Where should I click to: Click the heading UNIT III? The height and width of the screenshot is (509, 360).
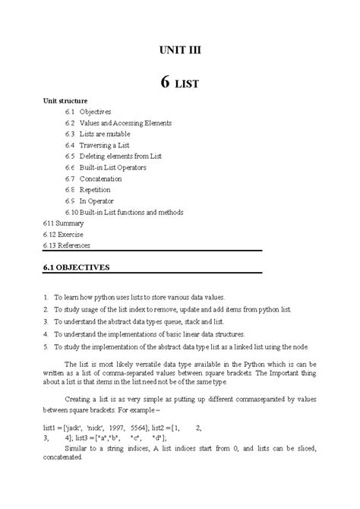179,51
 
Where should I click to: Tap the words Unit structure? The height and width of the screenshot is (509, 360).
65,100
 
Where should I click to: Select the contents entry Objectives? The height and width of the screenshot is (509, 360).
95,112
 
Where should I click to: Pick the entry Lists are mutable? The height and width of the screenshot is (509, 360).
108,134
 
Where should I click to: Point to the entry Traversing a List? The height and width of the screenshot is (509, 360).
108,145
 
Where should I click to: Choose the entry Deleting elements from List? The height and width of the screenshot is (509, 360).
122,156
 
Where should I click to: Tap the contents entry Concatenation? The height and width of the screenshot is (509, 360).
106,179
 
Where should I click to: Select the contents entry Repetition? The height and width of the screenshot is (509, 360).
99,190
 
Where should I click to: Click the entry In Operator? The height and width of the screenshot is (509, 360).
100,201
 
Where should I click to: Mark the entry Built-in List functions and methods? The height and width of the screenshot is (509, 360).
131,212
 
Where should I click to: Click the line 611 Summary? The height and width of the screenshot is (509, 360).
62,223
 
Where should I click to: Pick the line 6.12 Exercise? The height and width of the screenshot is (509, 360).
63,235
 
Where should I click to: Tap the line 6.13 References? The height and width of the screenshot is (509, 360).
67,246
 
